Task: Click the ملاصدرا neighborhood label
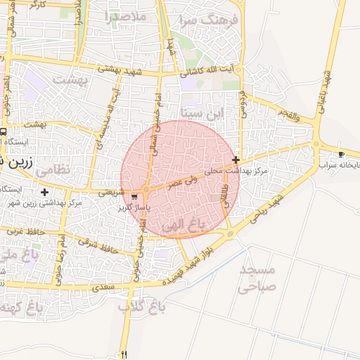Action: tap(127, 15)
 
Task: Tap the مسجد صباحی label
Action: tap(258, 278)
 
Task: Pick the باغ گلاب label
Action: tap(136, 307)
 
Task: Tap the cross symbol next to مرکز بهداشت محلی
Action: tap(236, 160)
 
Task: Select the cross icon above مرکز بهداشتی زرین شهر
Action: tap(45, 191)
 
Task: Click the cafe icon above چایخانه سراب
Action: tap(341, 154)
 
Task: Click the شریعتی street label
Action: tap(113, 191)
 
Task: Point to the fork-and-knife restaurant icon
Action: tap(124, 354)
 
